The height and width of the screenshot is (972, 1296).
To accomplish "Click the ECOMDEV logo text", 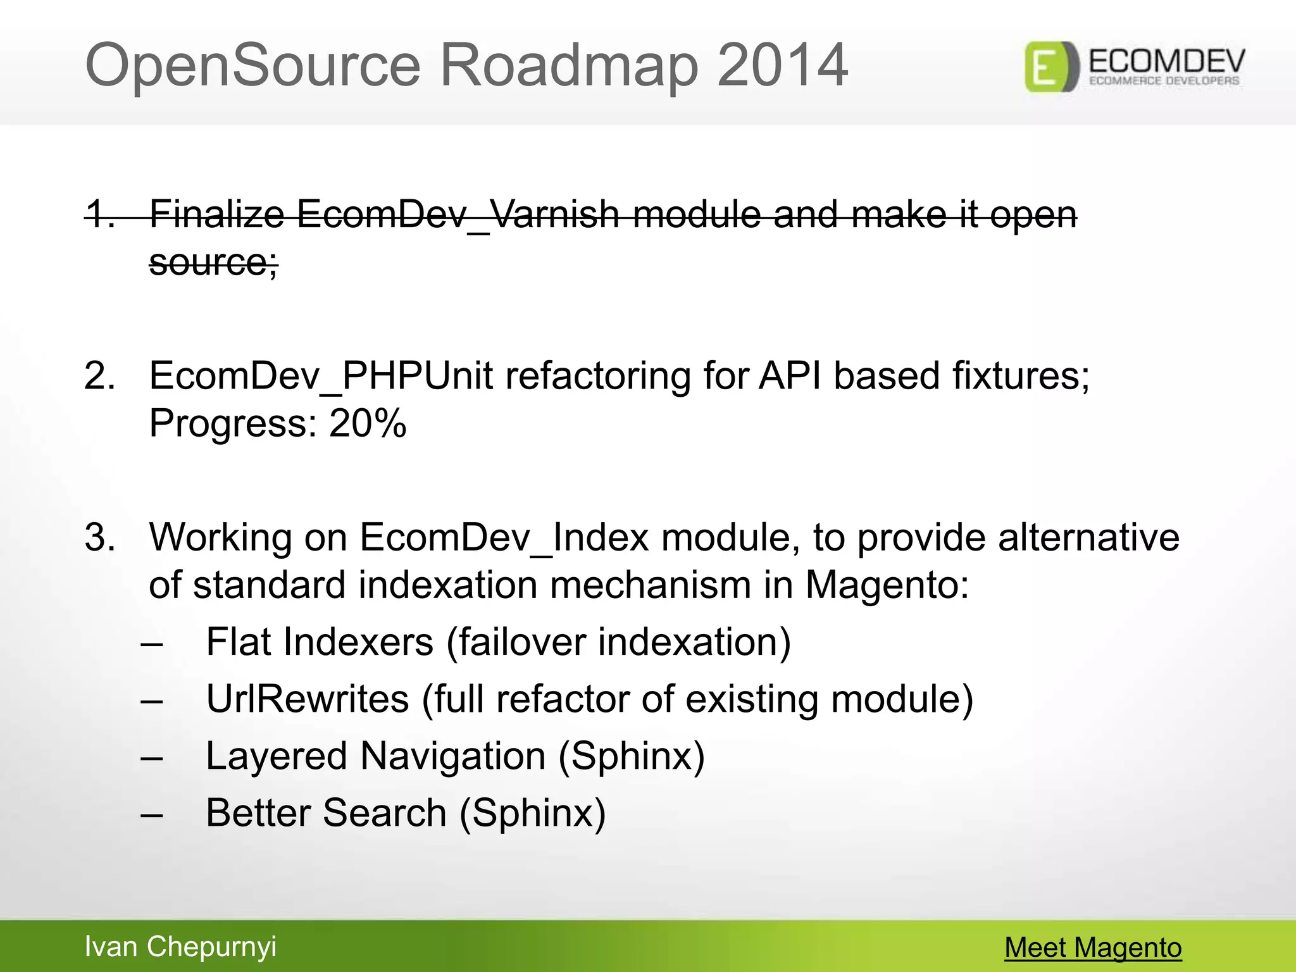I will click(x=1166, y=62).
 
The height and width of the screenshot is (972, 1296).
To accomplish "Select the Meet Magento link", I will click(x=1093, y=947).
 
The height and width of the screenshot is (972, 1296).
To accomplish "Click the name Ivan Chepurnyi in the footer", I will click(x=180, y=947).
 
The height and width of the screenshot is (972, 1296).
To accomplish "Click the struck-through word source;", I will click(x=213, y=262).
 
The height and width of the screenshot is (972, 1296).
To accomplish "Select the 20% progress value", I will click(x=368, y=423).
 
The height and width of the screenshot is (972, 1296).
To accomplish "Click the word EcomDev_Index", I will click(x=504, y=537).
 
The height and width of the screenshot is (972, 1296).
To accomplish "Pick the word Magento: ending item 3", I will click(x=887, y=585).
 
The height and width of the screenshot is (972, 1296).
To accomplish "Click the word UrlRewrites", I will click(x=308, y=699).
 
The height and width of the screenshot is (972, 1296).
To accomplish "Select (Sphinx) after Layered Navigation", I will click(x=631, y=756).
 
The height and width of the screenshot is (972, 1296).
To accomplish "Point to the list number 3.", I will click(x=99, y=537).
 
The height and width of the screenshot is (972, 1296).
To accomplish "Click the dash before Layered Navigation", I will click(x=152, y=757).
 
